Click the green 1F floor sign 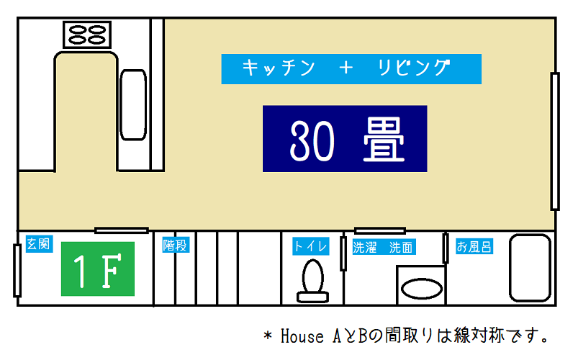click(x=98, y=269)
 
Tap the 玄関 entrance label click(x=39, y=244)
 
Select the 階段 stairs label click(x=176, y=245)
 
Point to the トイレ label click(x=311, y=246)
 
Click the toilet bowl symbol click(x=312, y=281)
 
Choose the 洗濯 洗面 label click(x=384, y=247)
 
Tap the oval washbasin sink click(x=421, y=289)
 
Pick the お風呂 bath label click(x=474, y=246)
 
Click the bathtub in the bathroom click(x=530, y=268)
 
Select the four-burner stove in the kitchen click(x=87, y=35)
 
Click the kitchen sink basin click(x=133, y=104)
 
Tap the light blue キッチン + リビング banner click(x=351, y=69)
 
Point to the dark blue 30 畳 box click(x=345, y=139)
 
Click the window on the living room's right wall click(x=555, y=142)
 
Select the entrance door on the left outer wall click(x=17, y=271)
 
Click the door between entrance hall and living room click(x=121, y=230)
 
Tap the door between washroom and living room click(x=380, y=231)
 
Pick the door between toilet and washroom click(x=343, y=253)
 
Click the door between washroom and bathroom click(x=446, y=248)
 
